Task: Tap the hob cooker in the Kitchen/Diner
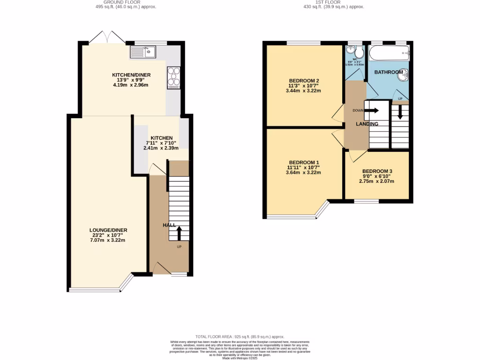pos(173,78)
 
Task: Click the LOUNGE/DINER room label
pos(108,230)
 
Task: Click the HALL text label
pos(169,225)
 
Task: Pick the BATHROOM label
pos(388,72)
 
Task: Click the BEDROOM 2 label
pos(304,81)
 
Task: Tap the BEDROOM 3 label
pos(378,171)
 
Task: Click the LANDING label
pos(367,124)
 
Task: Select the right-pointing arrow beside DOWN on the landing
pos(372,111)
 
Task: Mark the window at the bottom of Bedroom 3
pos(366,202)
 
